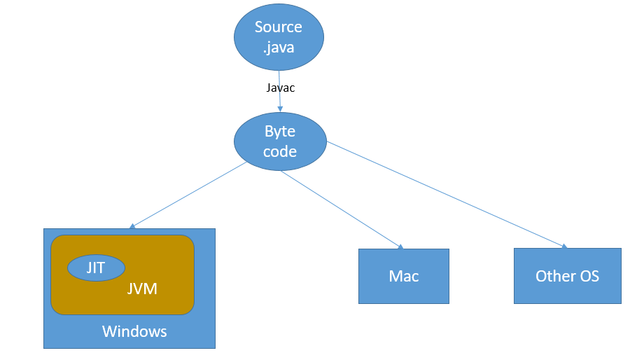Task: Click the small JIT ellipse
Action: pos(96,268)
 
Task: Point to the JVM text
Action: pos(142,289)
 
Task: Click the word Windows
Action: pos(134,331)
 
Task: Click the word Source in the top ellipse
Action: pos(279,27)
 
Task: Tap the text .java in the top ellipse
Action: pos(279,48)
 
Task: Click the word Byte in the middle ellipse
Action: pos(280,132)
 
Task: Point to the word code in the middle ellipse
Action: pos(280,151)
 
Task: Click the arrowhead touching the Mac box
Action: pos(401,247)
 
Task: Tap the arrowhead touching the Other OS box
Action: pos(563,245)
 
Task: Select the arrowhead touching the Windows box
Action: pos(131,226)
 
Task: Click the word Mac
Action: pos(404,276)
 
